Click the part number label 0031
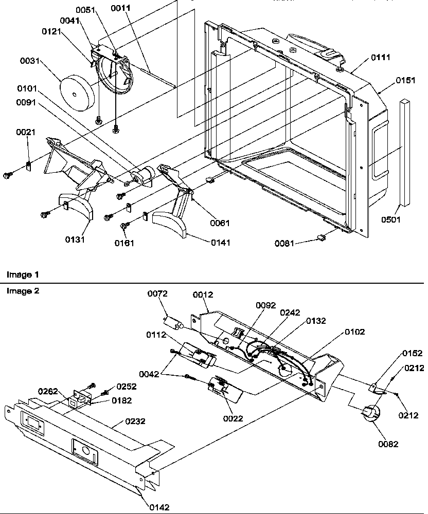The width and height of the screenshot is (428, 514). click(30, 61)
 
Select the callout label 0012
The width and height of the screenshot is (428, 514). click(203, 295)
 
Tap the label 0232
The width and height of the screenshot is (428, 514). click(135, 421)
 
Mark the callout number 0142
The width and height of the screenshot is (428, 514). click(159, 507)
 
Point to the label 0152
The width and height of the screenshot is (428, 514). click(412, 353)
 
